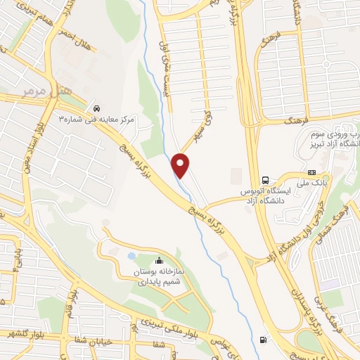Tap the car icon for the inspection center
[x=96, y=109]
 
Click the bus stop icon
[x=265, y=179]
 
